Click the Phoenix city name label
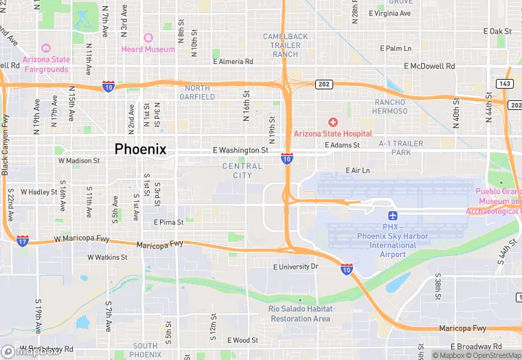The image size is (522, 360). pyautogui.click(x=140, y=149)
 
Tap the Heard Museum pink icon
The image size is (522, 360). pyautogui.click(x=148, y=38)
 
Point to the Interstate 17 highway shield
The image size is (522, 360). pyautogui.click(x=23, y=240)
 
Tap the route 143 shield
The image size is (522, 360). pyautogui.click(x=505, y=83)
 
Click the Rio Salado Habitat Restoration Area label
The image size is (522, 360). pyautogui.click(x=300, y=314)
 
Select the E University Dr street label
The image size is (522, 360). pyautogui.click(x=296, y=267)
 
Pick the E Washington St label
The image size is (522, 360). pyautogui.click(x=240, y=150)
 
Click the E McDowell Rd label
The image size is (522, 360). pyautogui.click(x=429, y=66)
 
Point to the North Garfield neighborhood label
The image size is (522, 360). pyautogui.click(x=197, y=92)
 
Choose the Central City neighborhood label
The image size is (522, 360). pyautogui.click(x=242, y=170)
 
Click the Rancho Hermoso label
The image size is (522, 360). pyautogui.click(x=391, y=106)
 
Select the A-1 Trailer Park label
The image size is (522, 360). pyautogui.click(x=400, y=148)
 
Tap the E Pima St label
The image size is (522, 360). pyautogui.click(x=168, y=222)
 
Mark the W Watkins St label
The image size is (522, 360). pyautogui.click(x=108, y=258)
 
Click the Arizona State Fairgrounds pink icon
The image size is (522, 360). pyautogui.click(x=46, y=47)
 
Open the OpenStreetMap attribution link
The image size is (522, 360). pyautogui.click(x=493, y=355)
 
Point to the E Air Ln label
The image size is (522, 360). pyautogui.click(x=357, y=170)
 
